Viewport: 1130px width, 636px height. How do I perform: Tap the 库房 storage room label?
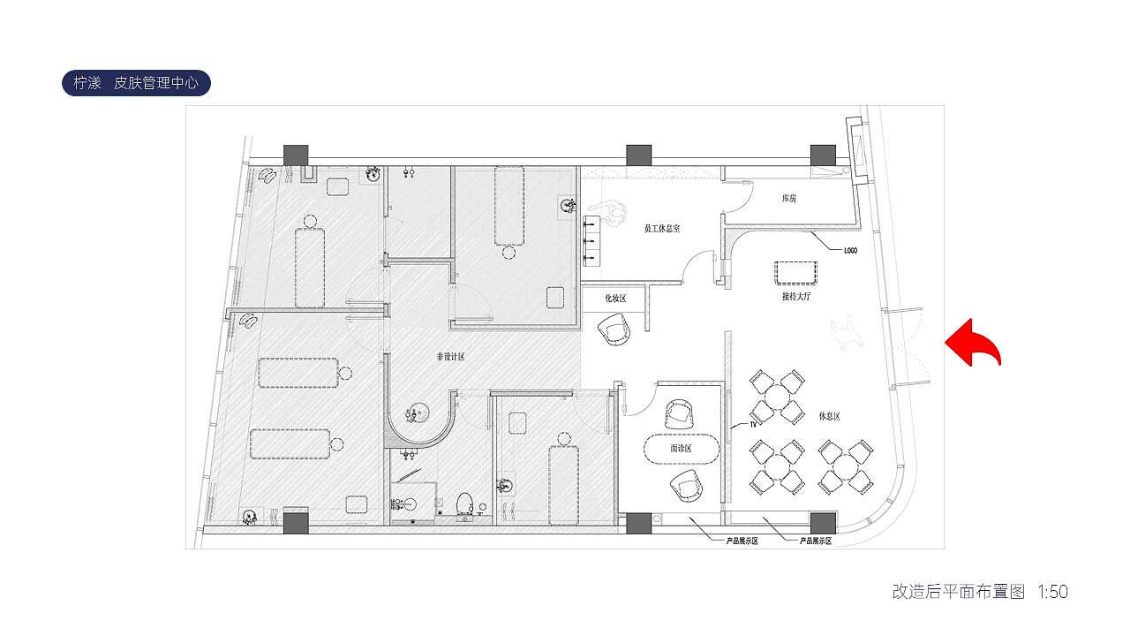coord(789,199)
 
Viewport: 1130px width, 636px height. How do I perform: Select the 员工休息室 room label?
coord(662,229)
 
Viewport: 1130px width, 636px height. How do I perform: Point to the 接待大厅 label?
coord(796,296)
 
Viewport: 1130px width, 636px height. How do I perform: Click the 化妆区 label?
coord(615,299)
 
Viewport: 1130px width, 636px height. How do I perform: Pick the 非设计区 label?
coord(450,357)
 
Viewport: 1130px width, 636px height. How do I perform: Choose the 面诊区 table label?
coord(681,448)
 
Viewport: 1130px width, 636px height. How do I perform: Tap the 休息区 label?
coord(829,416)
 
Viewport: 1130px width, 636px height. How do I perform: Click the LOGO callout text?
coord(850,250)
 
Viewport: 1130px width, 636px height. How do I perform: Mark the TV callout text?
coord(753,425)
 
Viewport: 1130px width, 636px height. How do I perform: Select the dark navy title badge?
coord(136,83)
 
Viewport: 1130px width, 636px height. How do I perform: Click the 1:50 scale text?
coord(1053,592)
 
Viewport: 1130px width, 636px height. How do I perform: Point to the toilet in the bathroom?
coord(465,504)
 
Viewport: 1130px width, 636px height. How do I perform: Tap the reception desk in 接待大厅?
coord(795,273)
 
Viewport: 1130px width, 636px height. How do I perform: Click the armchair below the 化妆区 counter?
coord(614,329)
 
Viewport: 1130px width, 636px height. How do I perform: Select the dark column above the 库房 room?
coord(823,155)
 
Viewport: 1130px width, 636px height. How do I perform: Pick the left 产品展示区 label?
coord(742,541)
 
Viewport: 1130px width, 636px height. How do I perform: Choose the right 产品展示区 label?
coord(815,541)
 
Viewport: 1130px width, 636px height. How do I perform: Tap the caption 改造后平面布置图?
coord(959,592)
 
